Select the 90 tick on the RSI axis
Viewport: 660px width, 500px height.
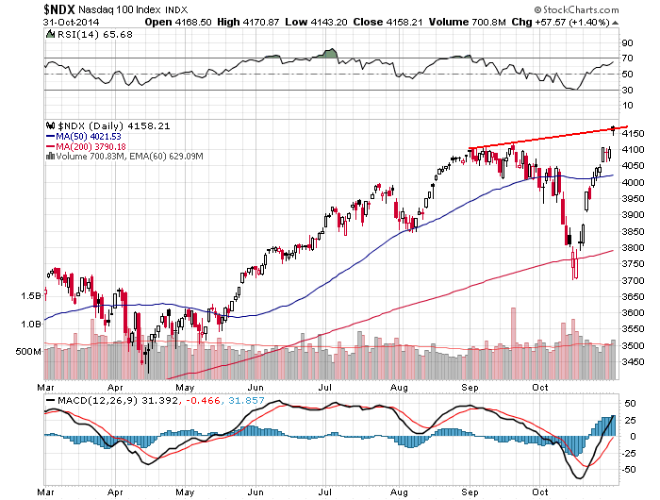(x=625, y=43)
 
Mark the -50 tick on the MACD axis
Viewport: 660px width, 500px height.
(x=627, y=468)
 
